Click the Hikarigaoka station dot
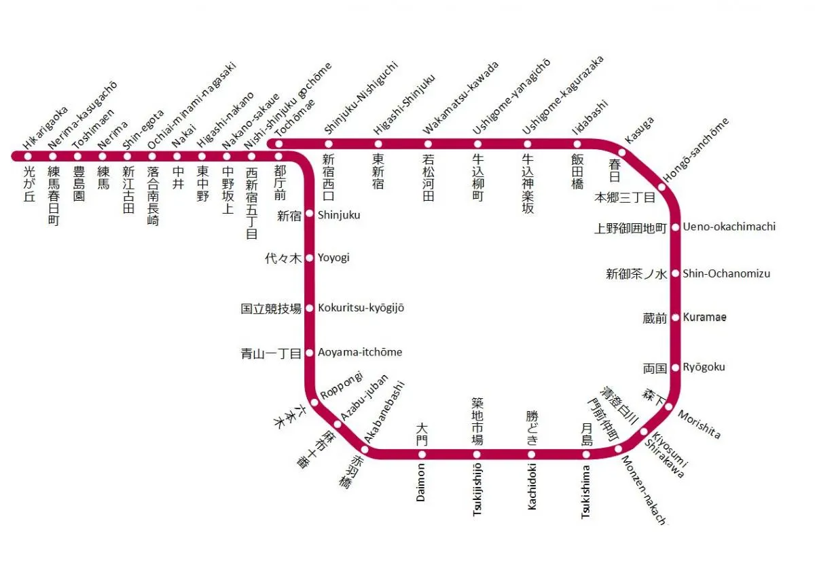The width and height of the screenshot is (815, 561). tap(28, 156)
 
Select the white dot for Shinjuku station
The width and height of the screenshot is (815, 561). tap(310, 214)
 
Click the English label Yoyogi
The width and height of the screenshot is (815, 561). tap(334, 258)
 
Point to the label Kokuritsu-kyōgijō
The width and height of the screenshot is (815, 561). tap(361, 308)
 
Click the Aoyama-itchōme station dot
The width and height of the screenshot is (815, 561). tap(310, 353)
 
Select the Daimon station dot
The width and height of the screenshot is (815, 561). tap(422, 454)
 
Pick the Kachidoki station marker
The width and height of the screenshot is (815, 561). tap(532, 454)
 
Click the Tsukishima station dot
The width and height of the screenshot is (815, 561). tap(586, 454)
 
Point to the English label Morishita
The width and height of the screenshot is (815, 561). tap(699, 425)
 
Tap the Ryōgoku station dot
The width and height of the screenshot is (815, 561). tap(676, 368)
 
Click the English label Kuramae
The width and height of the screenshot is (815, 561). tap(704, 317)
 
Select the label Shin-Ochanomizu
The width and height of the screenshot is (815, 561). tap(726, 273)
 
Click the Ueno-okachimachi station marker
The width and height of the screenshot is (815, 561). tap(676, 227)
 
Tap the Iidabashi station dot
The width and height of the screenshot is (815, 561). tap(577, 144)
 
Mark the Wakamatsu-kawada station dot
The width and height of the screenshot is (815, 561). tap(428, 144)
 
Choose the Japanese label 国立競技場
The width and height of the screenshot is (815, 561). tap(271, 309)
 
